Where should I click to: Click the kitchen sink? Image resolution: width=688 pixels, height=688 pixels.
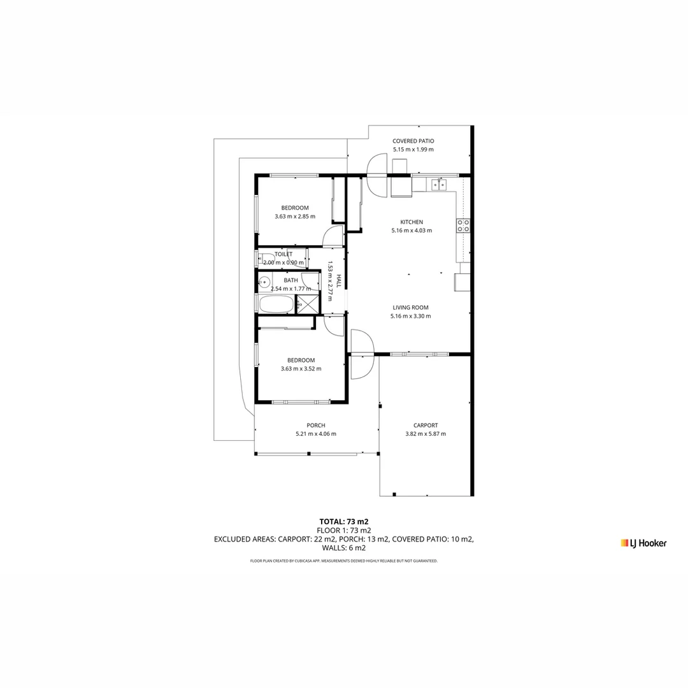(438, 185)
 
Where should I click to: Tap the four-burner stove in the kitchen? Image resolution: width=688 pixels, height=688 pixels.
(463, 225)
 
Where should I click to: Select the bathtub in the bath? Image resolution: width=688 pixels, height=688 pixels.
(276, 304)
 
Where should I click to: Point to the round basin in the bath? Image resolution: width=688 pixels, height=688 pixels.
(264, 282)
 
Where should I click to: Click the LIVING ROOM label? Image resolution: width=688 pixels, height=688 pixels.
(410, 307)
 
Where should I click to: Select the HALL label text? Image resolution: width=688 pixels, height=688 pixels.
(339, 281)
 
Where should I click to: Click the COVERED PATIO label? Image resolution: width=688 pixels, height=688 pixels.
(413, 141)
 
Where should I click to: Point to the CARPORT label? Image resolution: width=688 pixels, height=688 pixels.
(426, 426)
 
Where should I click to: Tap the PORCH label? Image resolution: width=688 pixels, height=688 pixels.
(316, 426)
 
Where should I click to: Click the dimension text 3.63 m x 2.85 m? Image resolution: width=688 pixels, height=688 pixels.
(295, 217)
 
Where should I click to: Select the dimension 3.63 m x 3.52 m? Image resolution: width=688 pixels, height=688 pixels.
(301, 368)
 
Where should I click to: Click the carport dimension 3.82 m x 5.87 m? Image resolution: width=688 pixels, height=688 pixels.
(426, 434)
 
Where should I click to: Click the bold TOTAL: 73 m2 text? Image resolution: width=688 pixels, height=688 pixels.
(344, 521)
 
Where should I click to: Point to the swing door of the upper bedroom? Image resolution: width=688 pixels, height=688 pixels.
(333, 237)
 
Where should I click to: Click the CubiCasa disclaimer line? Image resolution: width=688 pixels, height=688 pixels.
(344, 561)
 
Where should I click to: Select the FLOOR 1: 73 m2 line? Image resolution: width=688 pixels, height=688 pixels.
(344, 530)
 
